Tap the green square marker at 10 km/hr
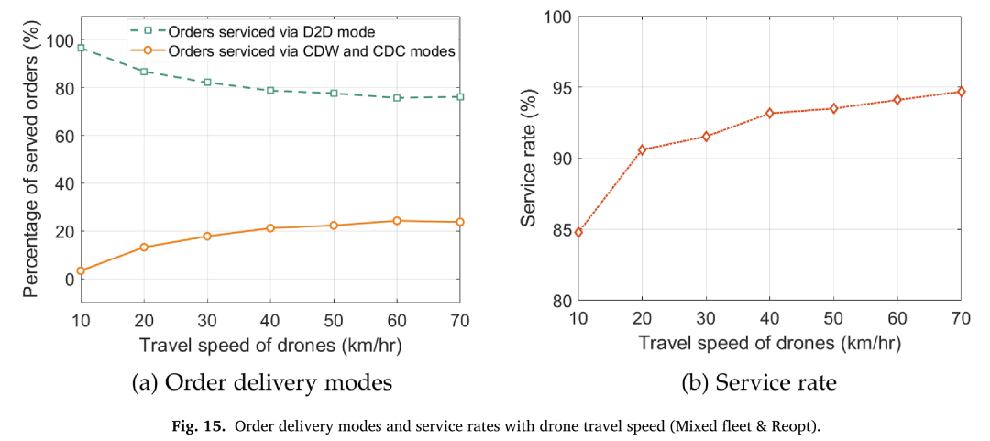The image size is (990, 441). [x=81, y=48]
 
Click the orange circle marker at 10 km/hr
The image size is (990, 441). [x=81, y=270]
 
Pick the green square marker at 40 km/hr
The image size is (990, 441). [x=270, y=91]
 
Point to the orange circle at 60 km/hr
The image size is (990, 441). [x=397, y=220]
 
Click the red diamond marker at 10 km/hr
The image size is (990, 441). [x=579, y=232]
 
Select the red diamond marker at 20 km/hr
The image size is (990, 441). [x=642, y=149]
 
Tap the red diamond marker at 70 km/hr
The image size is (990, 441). [x=961, y=92]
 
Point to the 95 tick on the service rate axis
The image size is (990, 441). [x=559, y=87]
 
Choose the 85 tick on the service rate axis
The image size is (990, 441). [x=559, y=229]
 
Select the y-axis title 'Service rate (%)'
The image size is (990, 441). [x=530, y=158]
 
